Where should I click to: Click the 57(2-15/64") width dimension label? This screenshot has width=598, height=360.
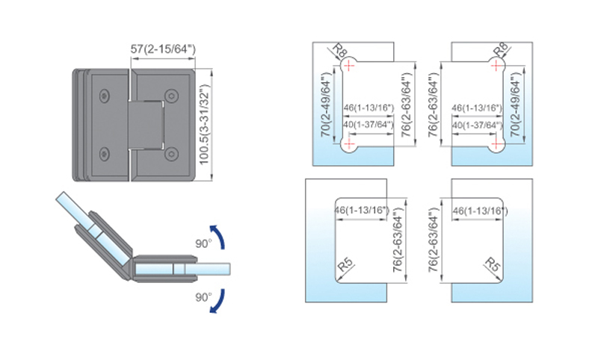click(x=163, y=49)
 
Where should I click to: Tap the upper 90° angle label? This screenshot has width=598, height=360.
click(x=203, y=243)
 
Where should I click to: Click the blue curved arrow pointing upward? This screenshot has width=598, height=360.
click(x=218, y=237)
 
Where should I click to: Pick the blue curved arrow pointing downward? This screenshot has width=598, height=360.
click(x=218, y=301)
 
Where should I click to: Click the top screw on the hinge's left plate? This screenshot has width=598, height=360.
click(x=104, y=96)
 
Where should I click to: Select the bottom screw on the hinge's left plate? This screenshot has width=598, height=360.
click(x=104, y=154)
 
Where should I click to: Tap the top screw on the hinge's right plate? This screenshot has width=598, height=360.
click(x=171, y=96)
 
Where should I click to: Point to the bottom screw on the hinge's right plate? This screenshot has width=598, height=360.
click(x=171, y=155)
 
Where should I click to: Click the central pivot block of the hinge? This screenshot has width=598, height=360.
click(x=147, y=125)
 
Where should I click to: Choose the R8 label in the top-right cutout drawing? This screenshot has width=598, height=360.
click(x=500, y=50)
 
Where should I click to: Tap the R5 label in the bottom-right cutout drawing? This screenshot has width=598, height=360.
click(x=493, y=264)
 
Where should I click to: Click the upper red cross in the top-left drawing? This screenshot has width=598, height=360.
click(x=349, y=66)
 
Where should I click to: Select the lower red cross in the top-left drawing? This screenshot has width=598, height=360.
click(x=349, y=143)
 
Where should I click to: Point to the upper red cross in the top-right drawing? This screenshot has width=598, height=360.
click(x=496, y=66)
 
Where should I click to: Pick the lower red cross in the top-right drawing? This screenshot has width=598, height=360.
click(x=496, y=143)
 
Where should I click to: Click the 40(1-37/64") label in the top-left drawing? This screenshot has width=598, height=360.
click(x=368, y=125)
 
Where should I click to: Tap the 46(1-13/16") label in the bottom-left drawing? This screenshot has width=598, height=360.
click(x=362, y=210)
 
